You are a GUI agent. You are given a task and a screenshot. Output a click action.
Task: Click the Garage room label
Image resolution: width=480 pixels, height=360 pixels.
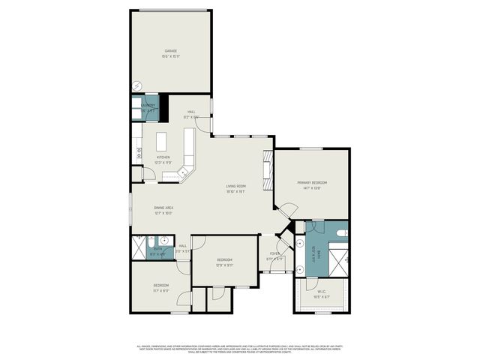coord(171,53)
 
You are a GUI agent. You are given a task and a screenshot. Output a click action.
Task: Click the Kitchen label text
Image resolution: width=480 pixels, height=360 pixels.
coord(163,160)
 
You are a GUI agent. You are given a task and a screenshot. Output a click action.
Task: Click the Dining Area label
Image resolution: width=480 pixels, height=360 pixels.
coord(163,210)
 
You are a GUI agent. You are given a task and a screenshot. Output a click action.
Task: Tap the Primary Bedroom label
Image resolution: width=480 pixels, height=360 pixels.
coord(311,185)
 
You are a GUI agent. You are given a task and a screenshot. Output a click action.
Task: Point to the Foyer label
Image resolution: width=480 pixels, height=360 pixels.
coord(275,256)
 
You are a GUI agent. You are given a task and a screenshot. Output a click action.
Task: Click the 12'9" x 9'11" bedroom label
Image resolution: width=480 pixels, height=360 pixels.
coord(224,262)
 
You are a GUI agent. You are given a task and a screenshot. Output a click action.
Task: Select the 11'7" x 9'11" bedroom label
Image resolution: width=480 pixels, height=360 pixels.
coord(161,288)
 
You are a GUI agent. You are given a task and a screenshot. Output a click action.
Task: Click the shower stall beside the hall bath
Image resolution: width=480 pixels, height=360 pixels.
coord(139,247)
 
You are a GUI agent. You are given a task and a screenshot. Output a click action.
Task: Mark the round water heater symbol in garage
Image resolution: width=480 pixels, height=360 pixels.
coord(136,85)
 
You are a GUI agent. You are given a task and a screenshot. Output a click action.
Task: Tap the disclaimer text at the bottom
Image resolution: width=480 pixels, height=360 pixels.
coord(240,348)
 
